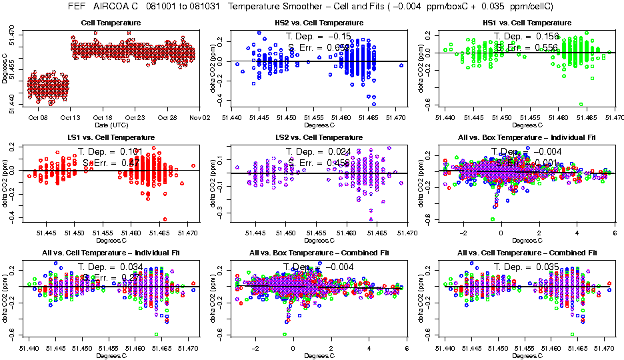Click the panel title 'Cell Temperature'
[111, 23]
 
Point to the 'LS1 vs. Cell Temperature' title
[111, 137]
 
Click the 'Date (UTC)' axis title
[111, 124]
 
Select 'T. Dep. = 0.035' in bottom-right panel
[526, 266]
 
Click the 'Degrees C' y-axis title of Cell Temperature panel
[5, 67]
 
